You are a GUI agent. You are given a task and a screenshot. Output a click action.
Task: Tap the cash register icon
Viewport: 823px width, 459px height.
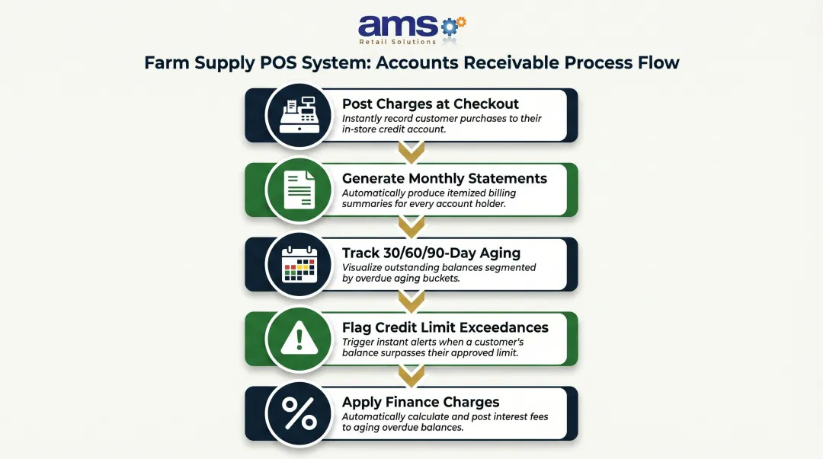click(299, 116)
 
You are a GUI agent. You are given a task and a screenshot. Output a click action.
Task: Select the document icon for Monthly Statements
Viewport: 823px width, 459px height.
click(299, 190)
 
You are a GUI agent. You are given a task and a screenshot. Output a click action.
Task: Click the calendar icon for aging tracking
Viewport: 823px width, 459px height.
click(299, 264)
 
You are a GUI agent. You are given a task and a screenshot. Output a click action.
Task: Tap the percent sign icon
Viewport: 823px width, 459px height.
click(299, 413)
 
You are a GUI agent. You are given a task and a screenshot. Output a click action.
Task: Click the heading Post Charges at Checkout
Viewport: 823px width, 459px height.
click(431, 104)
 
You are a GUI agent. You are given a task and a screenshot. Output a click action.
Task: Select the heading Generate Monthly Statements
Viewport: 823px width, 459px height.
click(444, 178)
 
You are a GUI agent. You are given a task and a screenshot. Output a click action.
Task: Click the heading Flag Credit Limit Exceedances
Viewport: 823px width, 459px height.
click(445, 327)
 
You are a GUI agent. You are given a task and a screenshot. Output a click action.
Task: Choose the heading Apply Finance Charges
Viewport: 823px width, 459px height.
click(421, 402)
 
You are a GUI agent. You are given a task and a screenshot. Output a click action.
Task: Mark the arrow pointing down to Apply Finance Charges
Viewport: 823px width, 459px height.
click(411, 376)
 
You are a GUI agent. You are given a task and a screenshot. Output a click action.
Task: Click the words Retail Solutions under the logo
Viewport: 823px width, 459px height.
click(398, 41)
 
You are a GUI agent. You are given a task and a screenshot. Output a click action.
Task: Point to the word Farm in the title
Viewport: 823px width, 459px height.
click(165, 62)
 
